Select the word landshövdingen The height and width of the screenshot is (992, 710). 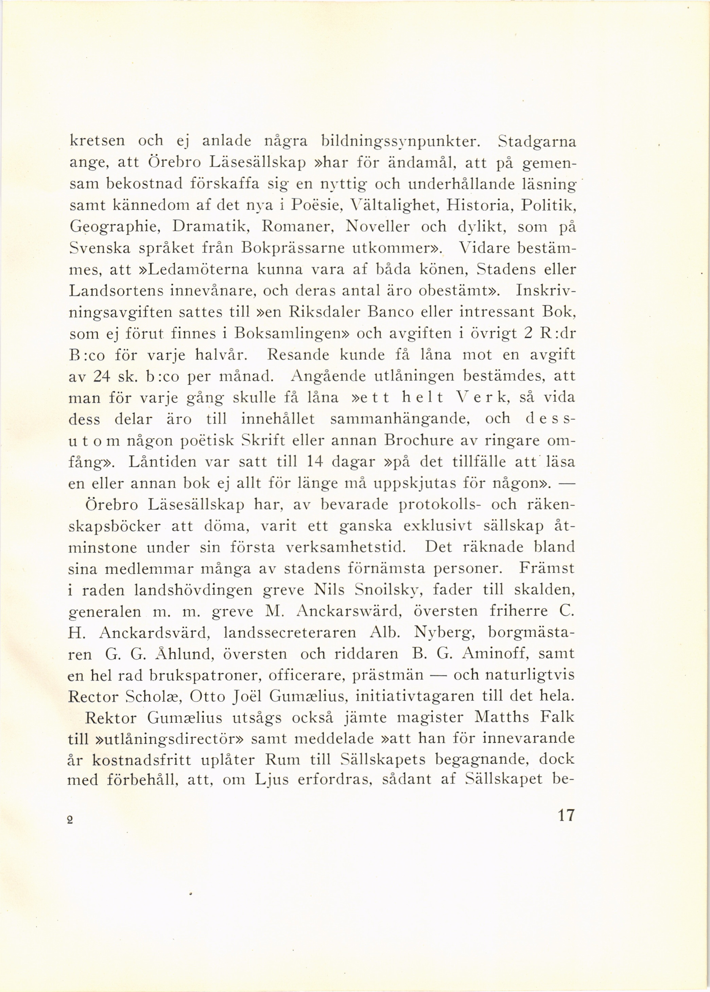tap(190, 590)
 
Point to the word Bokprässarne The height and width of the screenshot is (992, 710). tap(291, 248)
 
